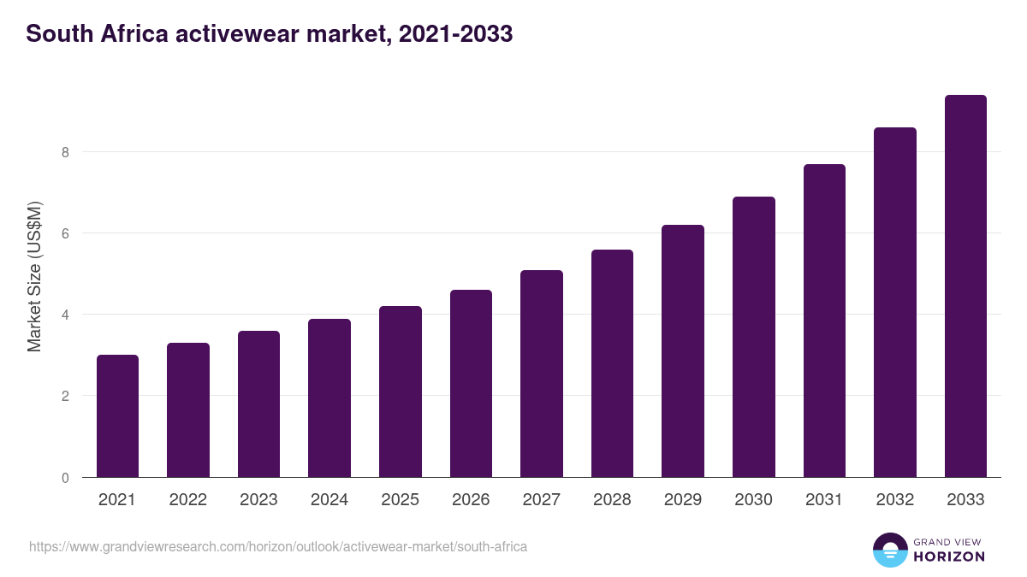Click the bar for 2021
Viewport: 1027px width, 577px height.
point(117,416)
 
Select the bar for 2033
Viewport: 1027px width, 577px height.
point(965,286)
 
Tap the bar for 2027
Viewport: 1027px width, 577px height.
point(542,374)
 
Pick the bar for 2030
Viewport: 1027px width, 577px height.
point(754,337)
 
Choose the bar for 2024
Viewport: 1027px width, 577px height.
point(329,398)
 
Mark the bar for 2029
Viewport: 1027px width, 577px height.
point(683,351)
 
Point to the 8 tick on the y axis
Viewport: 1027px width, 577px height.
point(63,152)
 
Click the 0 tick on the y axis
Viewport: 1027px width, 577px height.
point(63,478)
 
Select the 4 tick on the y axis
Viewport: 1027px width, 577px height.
point(63,315)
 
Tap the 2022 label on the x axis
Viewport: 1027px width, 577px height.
point(187,500)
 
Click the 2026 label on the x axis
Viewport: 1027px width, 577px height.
point(471,500)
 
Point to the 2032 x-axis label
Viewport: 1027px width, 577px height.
point(895,500)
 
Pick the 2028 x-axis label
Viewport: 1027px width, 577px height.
point(612,500)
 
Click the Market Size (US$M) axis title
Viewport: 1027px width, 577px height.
point(34,276)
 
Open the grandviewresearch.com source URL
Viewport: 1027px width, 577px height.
point(278,546)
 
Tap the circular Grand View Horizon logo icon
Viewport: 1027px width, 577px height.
point(889,550)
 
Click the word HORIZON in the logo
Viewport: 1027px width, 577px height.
point(949,556)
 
